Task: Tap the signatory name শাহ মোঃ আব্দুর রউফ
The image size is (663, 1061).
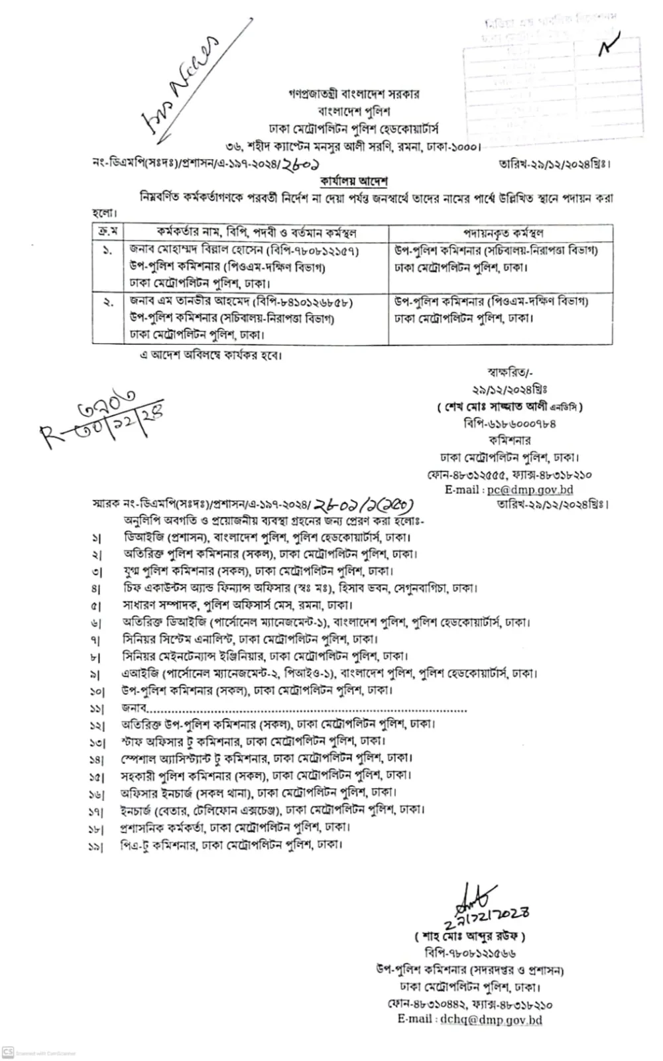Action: tap(469, 936)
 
